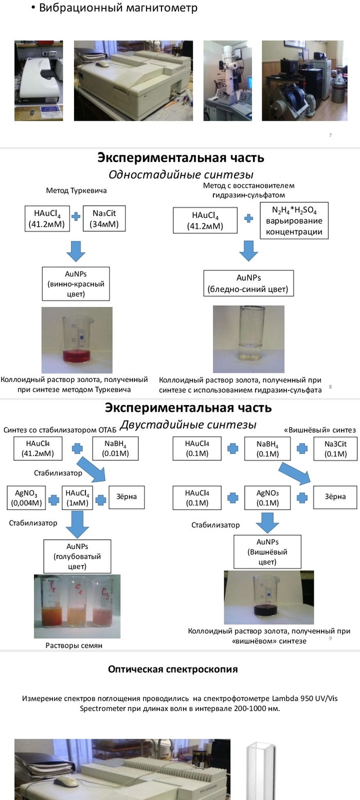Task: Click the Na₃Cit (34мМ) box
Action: pyautogui.click(x=104, y=218)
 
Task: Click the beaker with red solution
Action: pyautogui.click(x=77, y=339)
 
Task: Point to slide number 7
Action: pyautogui.click(x=330, y=135)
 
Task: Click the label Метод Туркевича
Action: pyautogui.click(x=76, y=191)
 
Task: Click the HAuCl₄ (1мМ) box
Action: pyautogui.click(x=77, y=497)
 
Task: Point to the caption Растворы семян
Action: pyautogui.click(x=77, y=646)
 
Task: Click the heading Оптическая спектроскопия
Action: pyautogui.click(x=173, y=669)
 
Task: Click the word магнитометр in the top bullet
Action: pyautogui.click(x=162, y=8)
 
